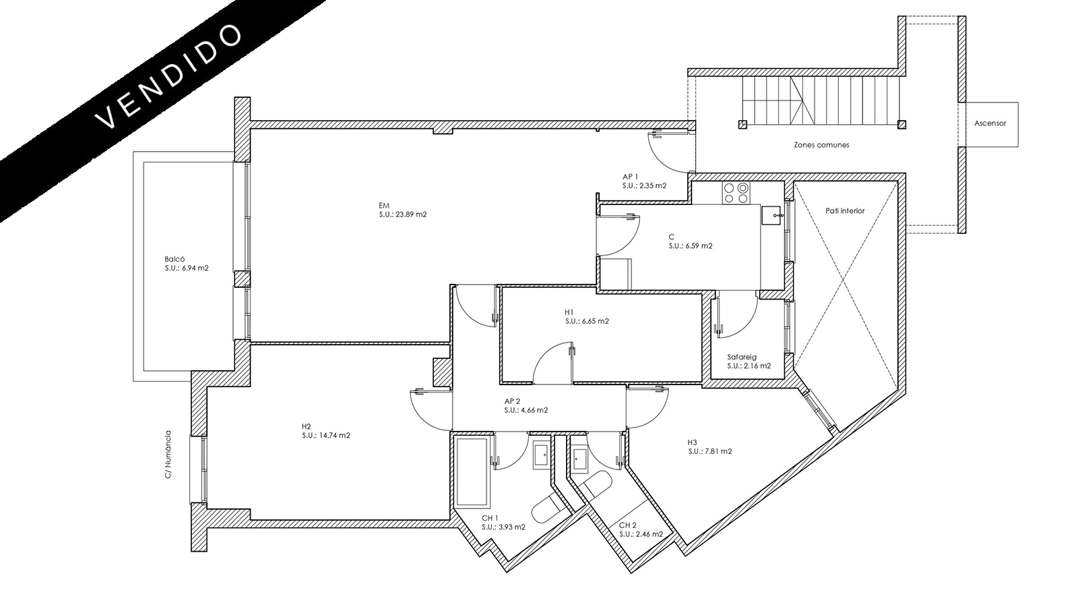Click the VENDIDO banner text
tap(168, 77)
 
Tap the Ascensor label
tap(990, 123)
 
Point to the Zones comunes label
tap(821, 144)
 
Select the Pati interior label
tap(845, 210)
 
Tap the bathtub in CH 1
tap(472, 472)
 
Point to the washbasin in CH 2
tap(579, 459)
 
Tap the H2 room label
tap(306, 426)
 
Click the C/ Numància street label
tap(168, 455)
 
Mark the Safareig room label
tap(742, 357)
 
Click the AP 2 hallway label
tap(512, 401)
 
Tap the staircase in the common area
tap(821, 102)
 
